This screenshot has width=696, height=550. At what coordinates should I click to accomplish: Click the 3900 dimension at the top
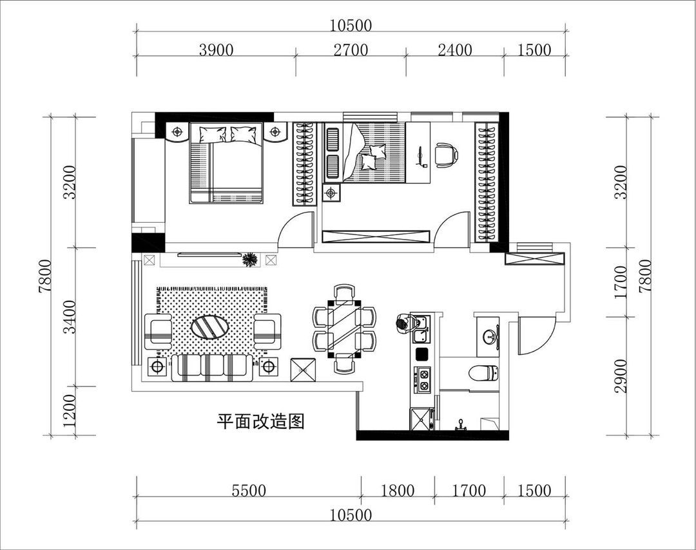(215, 50)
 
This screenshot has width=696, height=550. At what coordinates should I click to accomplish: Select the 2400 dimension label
(455, 50)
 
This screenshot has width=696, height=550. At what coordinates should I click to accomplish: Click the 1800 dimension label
(398, 491)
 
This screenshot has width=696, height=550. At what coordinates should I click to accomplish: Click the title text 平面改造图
(260, 422)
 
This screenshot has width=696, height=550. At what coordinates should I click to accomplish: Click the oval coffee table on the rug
(210, 327)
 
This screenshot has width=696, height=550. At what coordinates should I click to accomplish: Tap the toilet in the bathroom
(483, 373)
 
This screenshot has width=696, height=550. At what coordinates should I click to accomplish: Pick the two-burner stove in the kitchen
(424, 380)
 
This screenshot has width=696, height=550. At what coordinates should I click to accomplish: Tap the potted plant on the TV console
(250, 260)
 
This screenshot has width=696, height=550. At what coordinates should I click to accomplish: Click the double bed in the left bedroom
(226, 166)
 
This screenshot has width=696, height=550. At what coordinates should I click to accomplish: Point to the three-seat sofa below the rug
(212, 368)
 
